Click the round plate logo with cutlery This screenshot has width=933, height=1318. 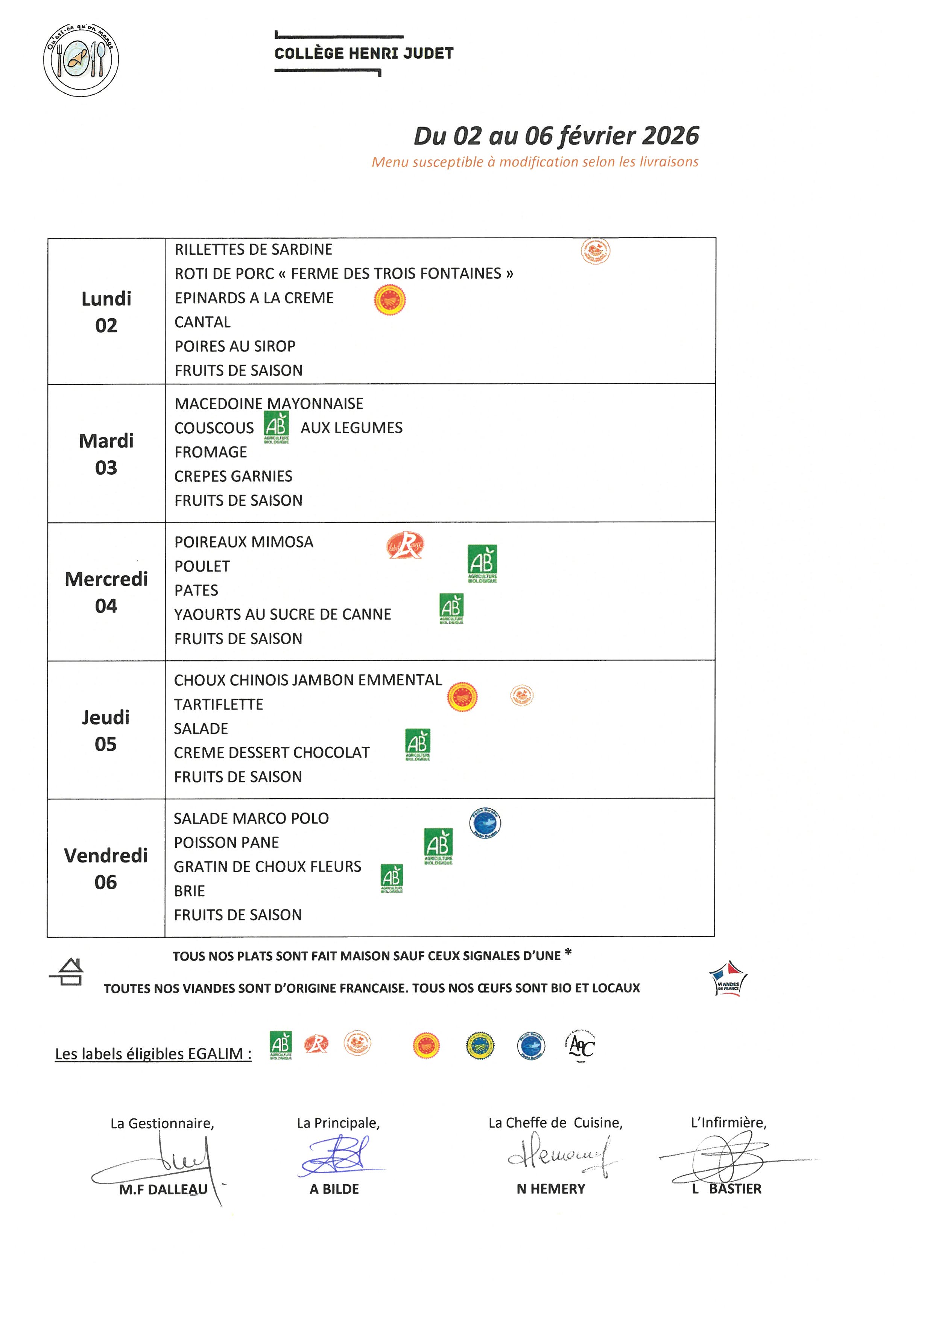[81, 60]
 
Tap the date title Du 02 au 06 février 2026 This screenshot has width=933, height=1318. [556, 136]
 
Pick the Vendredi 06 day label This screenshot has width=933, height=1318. [106, 869]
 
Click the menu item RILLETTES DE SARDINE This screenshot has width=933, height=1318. [253, 250]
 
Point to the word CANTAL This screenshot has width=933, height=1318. [202, 322]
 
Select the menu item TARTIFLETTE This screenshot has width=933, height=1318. [218, 704]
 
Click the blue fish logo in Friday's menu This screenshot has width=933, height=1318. [485, 823]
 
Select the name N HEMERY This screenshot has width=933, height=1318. [550, 1189]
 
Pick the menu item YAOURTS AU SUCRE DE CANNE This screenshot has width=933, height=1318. [282, 614]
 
